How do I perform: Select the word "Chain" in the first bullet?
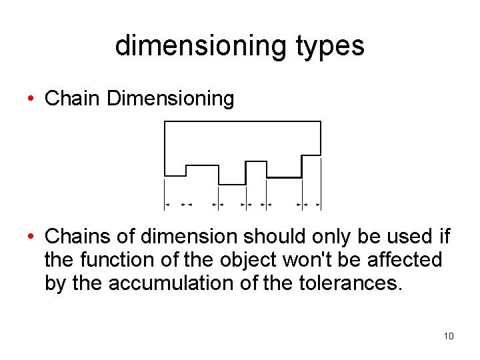(73, 99)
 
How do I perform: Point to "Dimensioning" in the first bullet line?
(170, 99)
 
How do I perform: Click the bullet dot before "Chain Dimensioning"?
(31, 99)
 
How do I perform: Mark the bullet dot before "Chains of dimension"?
(31, 237)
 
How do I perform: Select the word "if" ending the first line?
(445, 237)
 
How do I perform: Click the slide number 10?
(449, 336)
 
